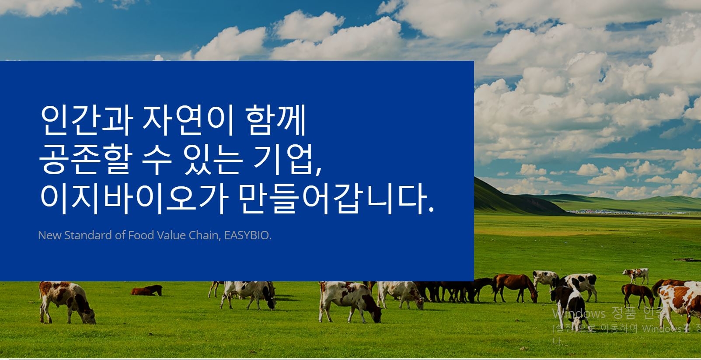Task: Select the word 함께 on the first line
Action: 276,120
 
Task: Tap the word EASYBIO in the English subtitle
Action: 248,235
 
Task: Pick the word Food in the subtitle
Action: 141,235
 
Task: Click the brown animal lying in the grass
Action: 147,290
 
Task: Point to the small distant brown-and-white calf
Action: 636,275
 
